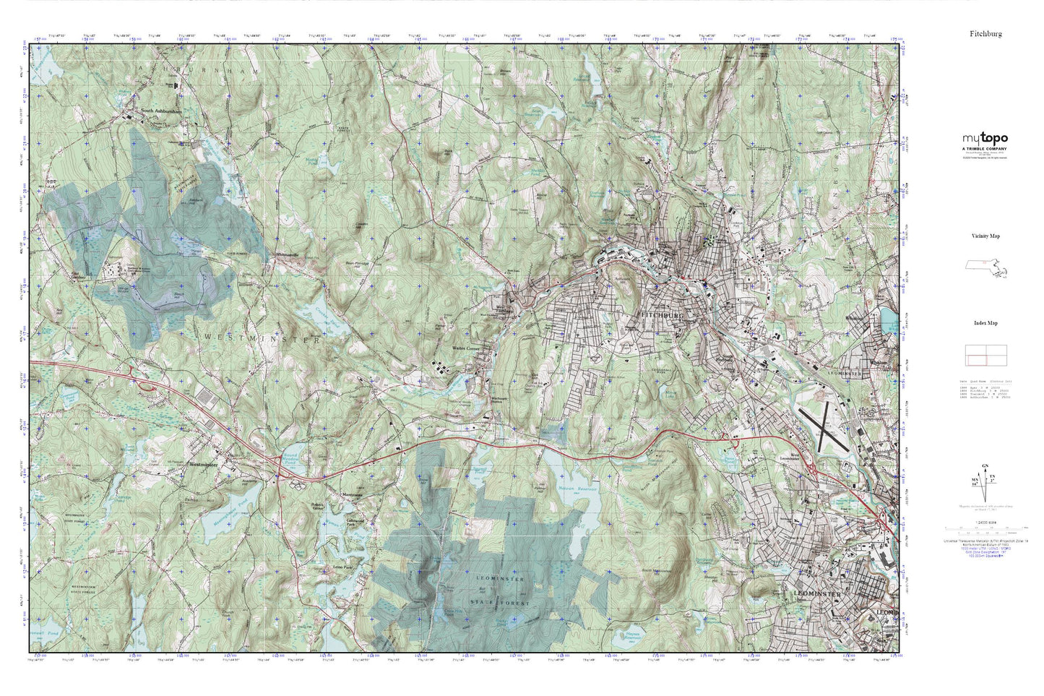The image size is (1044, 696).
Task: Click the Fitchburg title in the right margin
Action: pyautogui.click(x=985, y=33)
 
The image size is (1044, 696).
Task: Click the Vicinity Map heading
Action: pyautogui.click(x=985, y=236)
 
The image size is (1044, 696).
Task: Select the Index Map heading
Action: pyautogui.click(x=985, y=323)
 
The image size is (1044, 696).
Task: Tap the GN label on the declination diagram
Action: pyautogui.click(x=985, y=467)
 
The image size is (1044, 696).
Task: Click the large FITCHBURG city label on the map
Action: pyautogui.click(x=662, y=317)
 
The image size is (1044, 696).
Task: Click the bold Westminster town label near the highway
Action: pyautogui.click(x=204, y=464)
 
